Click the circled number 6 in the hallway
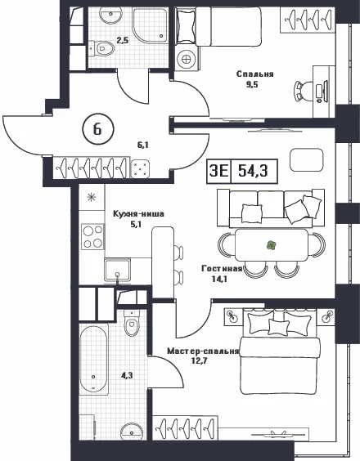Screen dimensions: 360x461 point(97,129)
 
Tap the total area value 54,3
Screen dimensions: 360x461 point(253,171)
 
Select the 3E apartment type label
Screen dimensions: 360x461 point(219,171)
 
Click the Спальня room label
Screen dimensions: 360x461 point(255,74)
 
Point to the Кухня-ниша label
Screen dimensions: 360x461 point(138,213)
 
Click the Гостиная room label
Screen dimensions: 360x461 point(222,268)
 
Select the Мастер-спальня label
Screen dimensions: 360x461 point(203,351)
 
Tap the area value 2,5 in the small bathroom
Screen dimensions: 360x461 point(123,40)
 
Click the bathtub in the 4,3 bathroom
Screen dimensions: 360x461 point(93,358)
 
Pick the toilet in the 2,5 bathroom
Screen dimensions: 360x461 point(102,48)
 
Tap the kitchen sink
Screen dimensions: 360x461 point(117,270)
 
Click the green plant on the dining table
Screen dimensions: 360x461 point(271,245)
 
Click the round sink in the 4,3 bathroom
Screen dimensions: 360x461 point(132,432)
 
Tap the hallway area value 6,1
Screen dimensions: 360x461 point(142,145)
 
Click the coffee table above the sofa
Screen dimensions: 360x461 point(307,160)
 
